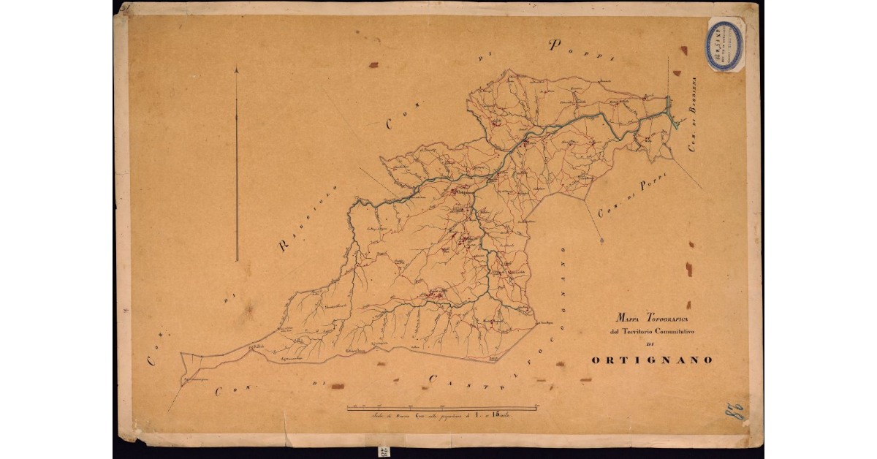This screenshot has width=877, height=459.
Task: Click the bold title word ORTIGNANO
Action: coord(651,360)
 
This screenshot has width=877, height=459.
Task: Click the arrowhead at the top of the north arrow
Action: coord(237,70)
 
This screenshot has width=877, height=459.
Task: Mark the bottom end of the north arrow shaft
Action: coord(237,259)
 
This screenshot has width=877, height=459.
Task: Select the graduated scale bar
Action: coord(442,406)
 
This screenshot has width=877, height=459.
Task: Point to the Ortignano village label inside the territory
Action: coord(462,192)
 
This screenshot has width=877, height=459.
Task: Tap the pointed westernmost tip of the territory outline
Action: coord(181,383)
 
